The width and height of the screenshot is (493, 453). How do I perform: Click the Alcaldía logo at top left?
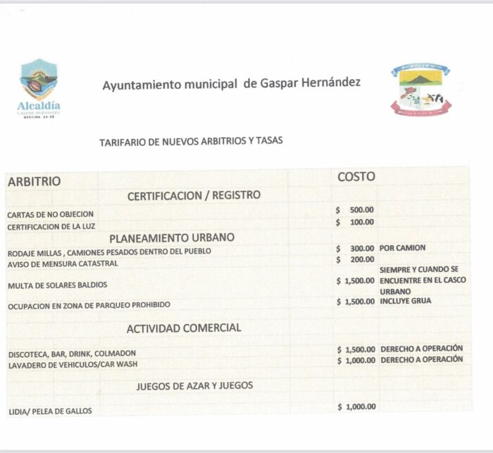click(x=39, y=87)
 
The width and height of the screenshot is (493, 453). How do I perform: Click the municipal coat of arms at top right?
click(x=420, y=89)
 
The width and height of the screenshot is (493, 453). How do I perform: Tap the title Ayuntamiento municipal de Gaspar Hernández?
click(x=231, y=84)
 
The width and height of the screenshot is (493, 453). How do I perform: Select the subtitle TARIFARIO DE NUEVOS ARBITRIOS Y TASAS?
click(x=191, y=141)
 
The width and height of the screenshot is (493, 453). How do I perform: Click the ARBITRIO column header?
click(x=34, y=182)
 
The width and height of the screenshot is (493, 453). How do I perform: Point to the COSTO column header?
click(x=356, y=177)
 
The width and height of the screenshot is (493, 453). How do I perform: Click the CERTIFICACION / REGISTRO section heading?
click(x=194, y=195)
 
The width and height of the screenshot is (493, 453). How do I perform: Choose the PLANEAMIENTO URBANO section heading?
click(x=172, y=237)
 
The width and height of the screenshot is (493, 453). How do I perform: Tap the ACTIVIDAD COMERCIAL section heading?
click(x=184, y=328)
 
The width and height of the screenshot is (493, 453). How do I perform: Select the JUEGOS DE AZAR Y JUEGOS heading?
click(x=194, y=385)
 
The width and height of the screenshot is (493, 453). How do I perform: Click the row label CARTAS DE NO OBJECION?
click(x=50, y=214)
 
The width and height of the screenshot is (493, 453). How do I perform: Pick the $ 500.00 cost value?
click(x=355, y=209)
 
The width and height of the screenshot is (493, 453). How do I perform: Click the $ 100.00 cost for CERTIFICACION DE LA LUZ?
click(x=355, y=222)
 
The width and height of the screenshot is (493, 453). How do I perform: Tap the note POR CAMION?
click(x=402, y=248)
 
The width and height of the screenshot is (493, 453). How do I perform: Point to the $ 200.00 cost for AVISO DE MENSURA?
click(x=355, y=259)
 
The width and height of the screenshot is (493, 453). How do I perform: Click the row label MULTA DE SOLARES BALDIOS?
click(x=58, y=285)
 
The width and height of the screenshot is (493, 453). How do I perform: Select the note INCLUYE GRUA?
click(x=405, y=302)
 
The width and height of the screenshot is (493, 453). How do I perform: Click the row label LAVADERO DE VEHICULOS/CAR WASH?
click(x=73, y=364)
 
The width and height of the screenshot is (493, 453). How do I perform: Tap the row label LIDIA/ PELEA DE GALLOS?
click(x=50, y=411)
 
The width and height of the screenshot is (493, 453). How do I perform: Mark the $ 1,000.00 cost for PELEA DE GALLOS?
click(x=356, y=407)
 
